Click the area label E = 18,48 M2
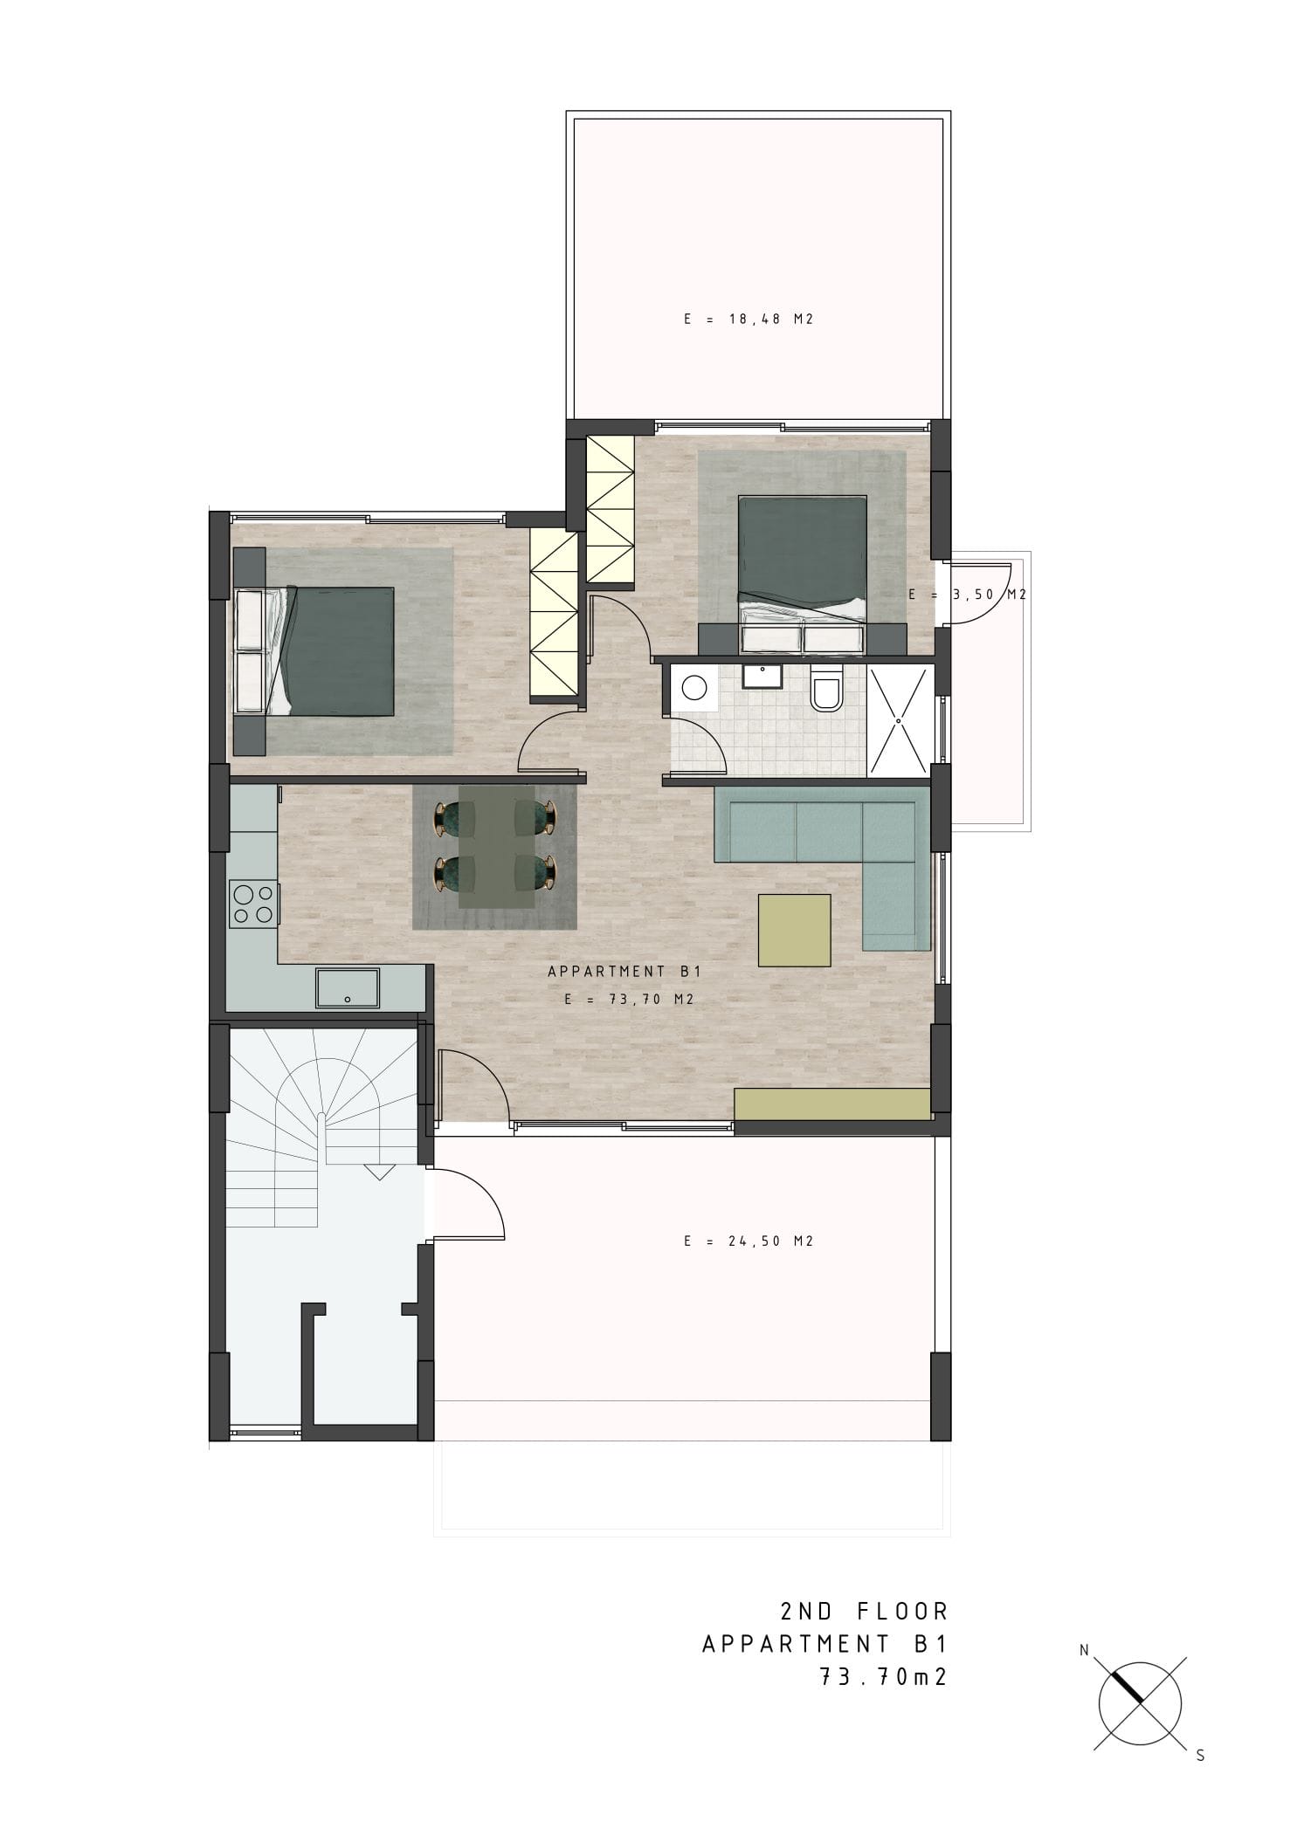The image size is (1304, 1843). (x=749, y=320)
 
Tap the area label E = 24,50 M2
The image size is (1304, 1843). (x=749, y=1241)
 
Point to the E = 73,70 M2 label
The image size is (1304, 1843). (x=629, y=1000)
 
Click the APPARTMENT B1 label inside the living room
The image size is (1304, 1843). (x=624, y=971)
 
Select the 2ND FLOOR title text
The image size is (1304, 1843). (x=864, y=1611)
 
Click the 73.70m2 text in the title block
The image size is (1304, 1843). (x=883, y=1677)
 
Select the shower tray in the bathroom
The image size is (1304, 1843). (x=898, y=720)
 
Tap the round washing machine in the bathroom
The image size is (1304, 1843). (x=693, y=689)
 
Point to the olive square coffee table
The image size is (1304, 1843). (x=794, y=930)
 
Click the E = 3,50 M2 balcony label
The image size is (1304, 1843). (x=967, y=595)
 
